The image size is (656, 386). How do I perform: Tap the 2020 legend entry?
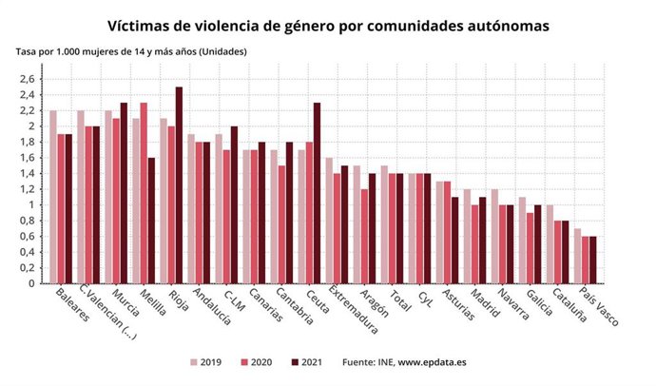[x=252, y=362]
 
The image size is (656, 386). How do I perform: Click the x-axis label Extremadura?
[x=353, y=313]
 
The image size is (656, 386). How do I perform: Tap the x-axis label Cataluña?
[x=573, y=307]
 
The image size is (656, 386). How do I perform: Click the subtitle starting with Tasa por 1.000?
[x=131, y=51]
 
